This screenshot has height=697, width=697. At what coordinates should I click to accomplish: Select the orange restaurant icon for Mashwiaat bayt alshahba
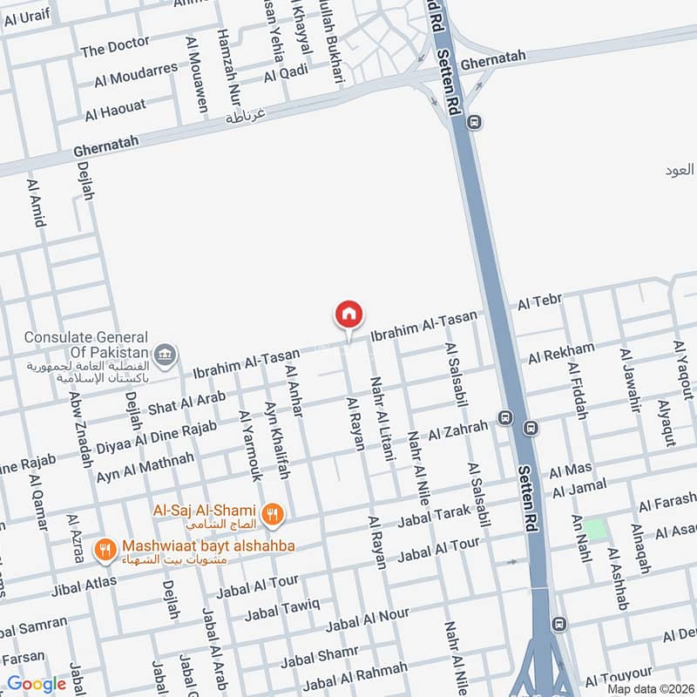(105, 549)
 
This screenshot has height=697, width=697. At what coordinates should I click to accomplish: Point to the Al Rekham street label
(561, 353)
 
